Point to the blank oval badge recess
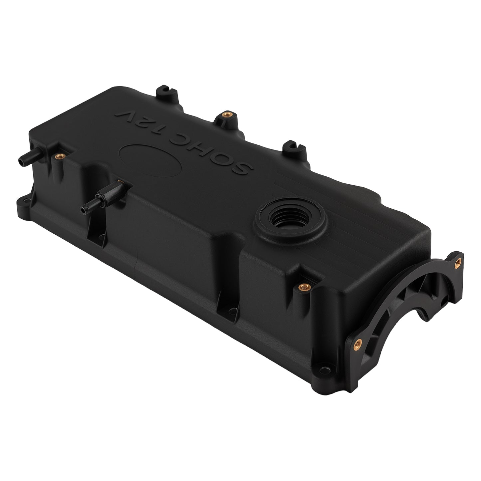(x=150, y=160)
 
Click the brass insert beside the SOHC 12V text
(x=227, y=115)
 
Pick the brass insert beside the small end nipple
(x=60, y=156)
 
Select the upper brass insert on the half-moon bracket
(x=458, y=263)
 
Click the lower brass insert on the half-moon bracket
(x=358, y=345)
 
